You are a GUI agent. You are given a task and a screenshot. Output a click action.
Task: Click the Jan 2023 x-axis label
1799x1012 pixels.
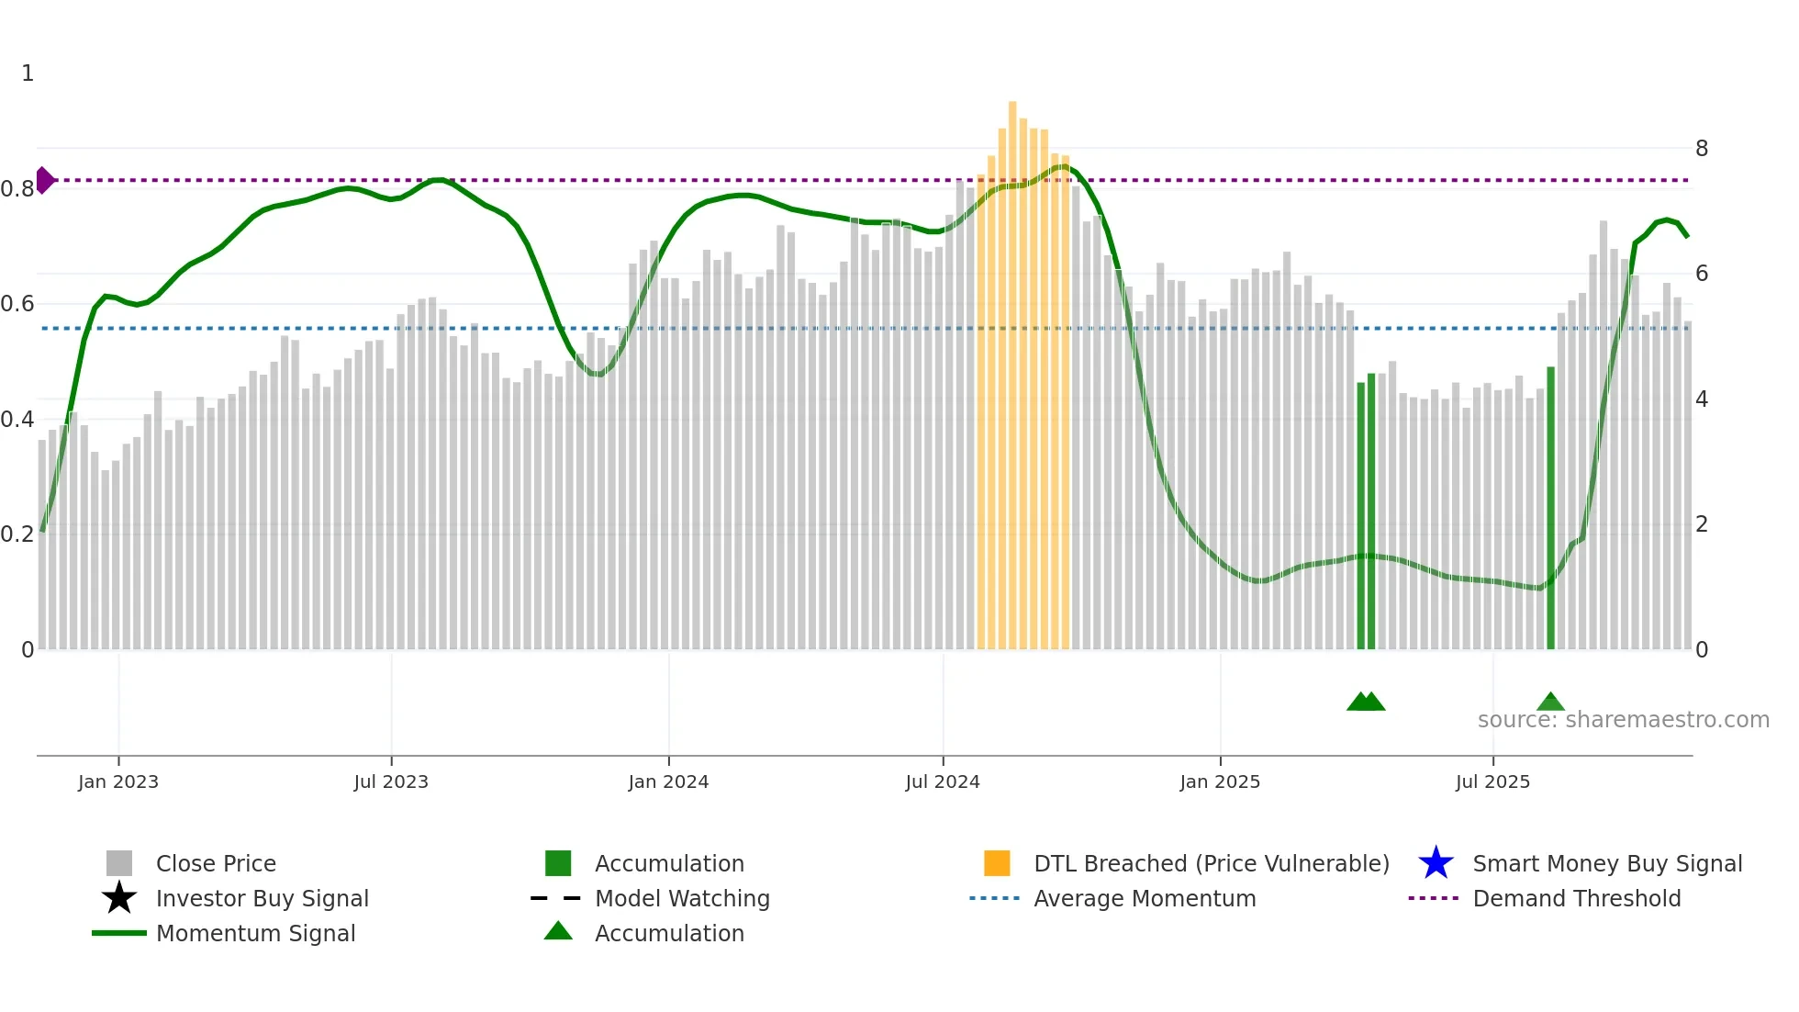117,781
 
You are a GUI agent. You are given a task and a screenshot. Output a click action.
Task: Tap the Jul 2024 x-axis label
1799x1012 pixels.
943,781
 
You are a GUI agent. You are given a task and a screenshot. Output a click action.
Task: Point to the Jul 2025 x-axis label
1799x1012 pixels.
1492,781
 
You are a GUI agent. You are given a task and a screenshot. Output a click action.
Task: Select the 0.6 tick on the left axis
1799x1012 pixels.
17,304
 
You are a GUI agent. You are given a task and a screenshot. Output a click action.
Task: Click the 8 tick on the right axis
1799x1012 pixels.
1702,149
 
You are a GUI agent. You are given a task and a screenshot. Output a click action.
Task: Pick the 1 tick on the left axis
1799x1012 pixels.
28,73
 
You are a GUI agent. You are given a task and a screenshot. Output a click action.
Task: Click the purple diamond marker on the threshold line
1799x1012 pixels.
44,180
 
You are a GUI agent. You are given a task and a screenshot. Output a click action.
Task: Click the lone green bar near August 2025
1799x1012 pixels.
1550,508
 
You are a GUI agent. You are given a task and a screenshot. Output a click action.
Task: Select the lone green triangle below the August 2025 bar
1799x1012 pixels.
1550,703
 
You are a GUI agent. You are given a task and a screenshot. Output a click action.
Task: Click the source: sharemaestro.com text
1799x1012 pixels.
1623,720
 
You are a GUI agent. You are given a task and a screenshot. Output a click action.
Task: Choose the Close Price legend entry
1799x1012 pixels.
216,863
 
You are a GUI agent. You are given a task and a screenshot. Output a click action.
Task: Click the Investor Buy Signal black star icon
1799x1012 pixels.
119,898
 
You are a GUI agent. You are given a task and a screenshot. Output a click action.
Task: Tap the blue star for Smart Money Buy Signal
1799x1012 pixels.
1436,863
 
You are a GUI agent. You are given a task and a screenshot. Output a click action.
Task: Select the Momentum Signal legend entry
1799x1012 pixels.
255,933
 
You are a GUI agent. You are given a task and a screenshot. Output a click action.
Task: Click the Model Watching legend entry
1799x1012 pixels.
682,898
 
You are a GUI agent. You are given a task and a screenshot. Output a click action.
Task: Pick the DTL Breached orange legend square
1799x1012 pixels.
997,863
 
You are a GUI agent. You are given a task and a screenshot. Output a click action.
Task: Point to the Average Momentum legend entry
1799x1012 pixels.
1145,898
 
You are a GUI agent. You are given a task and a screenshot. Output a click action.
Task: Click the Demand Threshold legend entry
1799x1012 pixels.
1576,898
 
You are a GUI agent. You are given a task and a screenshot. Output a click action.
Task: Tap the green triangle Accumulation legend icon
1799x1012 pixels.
558,931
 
